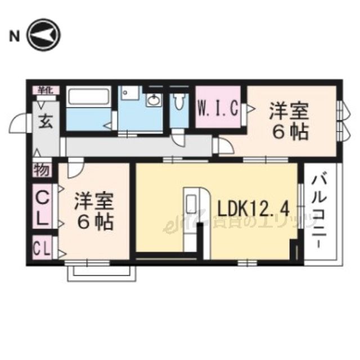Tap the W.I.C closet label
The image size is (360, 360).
[219, 107]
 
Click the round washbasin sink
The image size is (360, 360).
[153, 101]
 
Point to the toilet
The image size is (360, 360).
[179, 101]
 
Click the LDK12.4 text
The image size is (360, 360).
[253, 209]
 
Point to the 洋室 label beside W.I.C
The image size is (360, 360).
[287, 110]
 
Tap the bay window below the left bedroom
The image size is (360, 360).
[102, 272]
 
